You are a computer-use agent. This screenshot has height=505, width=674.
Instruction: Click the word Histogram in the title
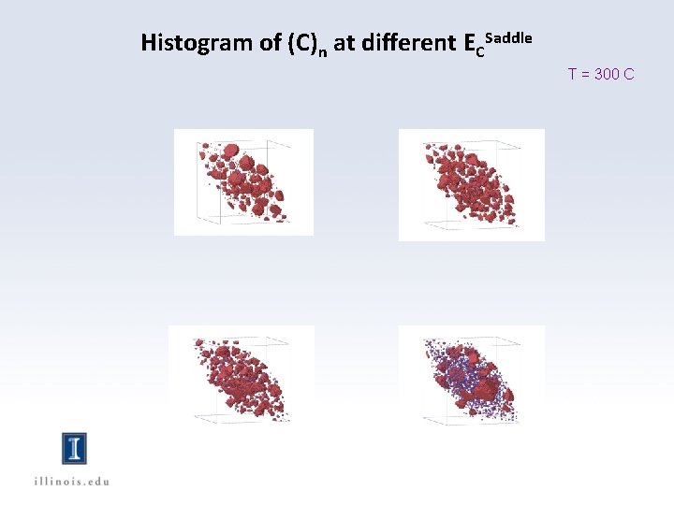[184, 43]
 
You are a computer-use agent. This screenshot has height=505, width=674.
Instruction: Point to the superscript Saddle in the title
[509, 37]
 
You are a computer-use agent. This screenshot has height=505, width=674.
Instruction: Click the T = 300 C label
[600, 74]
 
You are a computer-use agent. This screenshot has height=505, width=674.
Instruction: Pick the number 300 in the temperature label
[606, 74]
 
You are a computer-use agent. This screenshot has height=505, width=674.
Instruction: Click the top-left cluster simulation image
[243, 181]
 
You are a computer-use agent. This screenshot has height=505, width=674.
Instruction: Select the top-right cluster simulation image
[471, 184]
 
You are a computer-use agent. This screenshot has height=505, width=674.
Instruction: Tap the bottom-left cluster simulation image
[241, 375]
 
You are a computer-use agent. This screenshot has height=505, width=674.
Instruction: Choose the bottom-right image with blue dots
[471, 375]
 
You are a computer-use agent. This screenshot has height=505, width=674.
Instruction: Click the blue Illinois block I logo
[74, 449]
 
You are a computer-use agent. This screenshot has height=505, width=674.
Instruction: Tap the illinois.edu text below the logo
[72, 481]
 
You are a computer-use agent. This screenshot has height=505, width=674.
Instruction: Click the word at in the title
[343, 43]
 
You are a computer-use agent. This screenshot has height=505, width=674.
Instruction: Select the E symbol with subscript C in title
[473, 45]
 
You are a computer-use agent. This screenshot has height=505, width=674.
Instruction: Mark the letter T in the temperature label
[572, 74]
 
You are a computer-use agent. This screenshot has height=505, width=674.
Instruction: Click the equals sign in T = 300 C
[584, 74]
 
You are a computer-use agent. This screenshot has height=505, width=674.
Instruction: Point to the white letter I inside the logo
[74, 449]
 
